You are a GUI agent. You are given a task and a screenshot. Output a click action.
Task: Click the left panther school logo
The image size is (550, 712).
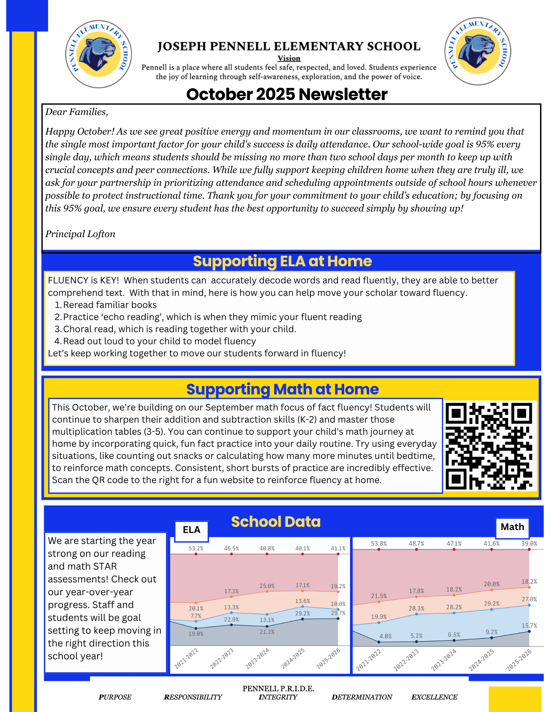coord(99,54)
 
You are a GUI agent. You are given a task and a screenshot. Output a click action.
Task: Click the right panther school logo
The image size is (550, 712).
coord(477,52)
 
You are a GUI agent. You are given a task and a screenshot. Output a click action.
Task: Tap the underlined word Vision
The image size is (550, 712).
coord(289,58)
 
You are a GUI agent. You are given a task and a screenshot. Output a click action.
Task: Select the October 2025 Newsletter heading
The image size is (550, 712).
coord(287,94)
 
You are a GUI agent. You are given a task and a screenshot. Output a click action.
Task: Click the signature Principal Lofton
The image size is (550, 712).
coord(80,234)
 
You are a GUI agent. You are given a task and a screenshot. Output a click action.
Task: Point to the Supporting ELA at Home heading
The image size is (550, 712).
coord(282,261)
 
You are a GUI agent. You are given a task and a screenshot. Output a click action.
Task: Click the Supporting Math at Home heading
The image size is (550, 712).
coord(282,389)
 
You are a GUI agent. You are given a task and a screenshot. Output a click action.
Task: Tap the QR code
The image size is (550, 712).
coord(489,446)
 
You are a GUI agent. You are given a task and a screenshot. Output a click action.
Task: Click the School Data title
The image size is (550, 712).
coord(276,522)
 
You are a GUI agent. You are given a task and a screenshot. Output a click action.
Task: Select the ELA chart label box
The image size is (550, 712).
coord(192,530)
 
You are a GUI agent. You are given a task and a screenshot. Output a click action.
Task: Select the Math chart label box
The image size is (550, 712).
coord(512,527)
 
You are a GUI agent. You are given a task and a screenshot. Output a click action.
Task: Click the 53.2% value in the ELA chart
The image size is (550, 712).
coord(196,549)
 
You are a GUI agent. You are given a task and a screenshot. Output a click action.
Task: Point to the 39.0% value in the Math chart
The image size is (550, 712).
coord(529,544)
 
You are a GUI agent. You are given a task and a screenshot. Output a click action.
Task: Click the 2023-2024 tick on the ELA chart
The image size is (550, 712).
coord(257,659)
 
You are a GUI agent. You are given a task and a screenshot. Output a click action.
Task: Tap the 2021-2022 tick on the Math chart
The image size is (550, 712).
coord(369,660)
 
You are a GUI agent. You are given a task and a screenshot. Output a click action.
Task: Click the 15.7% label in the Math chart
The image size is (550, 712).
coord(529,625)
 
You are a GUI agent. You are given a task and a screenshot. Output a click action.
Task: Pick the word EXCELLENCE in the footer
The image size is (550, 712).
coord(434,697)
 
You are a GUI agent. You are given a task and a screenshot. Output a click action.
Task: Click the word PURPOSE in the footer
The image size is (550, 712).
coord(115,697)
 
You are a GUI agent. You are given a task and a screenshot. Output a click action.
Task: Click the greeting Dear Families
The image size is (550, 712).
coord(77,112)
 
